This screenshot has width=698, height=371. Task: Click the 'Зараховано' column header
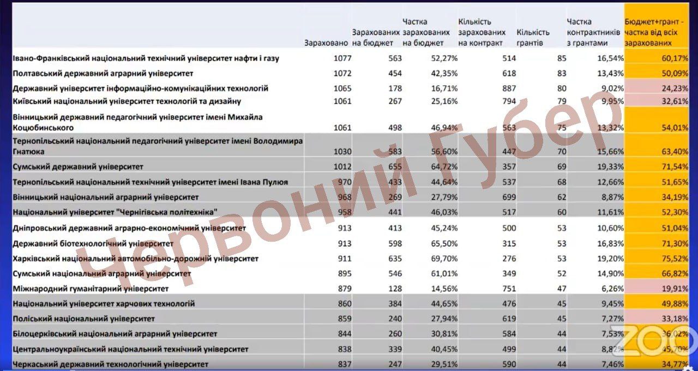(326, 43)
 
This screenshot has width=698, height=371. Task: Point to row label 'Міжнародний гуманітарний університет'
(91, 288)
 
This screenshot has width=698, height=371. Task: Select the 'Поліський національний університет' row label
(83, 319)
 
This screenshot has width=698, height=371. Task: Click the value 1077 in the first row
(342, 58)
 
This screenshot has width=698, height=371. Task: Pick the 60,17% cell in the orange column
(675, 58)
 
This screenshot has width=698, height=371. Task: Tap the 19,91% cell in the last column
(675, 289)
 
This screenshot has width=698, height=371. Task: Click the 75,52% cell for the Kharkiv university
(675, 259)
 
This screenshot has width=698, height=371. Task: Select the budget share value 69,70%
(444, 259)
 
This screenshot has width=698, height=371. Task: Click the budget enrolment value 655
(394, 166)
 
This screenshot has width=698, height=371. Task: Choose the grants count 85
(562, 58)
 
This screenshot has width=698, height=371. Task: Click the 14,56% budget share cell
(444, 289)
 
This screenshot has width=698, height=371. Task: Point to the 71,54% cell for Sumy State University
(675, 166)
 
